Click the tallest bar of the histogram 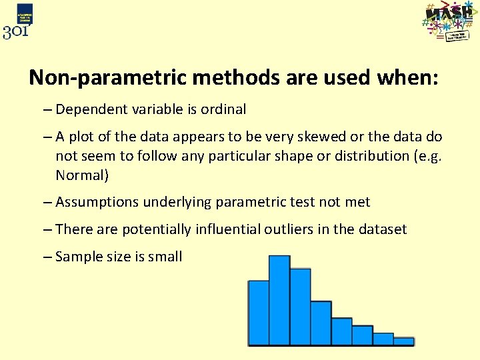[279, 300]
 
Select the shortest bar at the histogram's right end [403, 341]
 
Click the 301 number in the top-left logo [16, 31]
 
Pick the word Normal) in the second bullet [82, 175]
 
